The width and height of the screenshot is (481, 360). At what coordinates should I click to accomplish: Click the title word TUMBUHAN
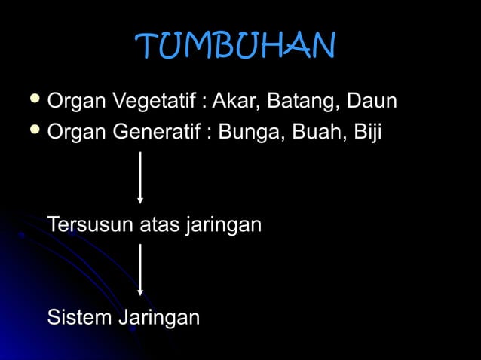click(235, 47)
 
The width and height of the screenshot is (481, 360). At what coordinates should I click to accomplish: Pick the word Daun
click(371, 101)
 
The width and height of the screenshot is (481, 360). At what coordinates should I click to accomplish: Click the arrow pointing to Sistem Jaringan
click(140, 269)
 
